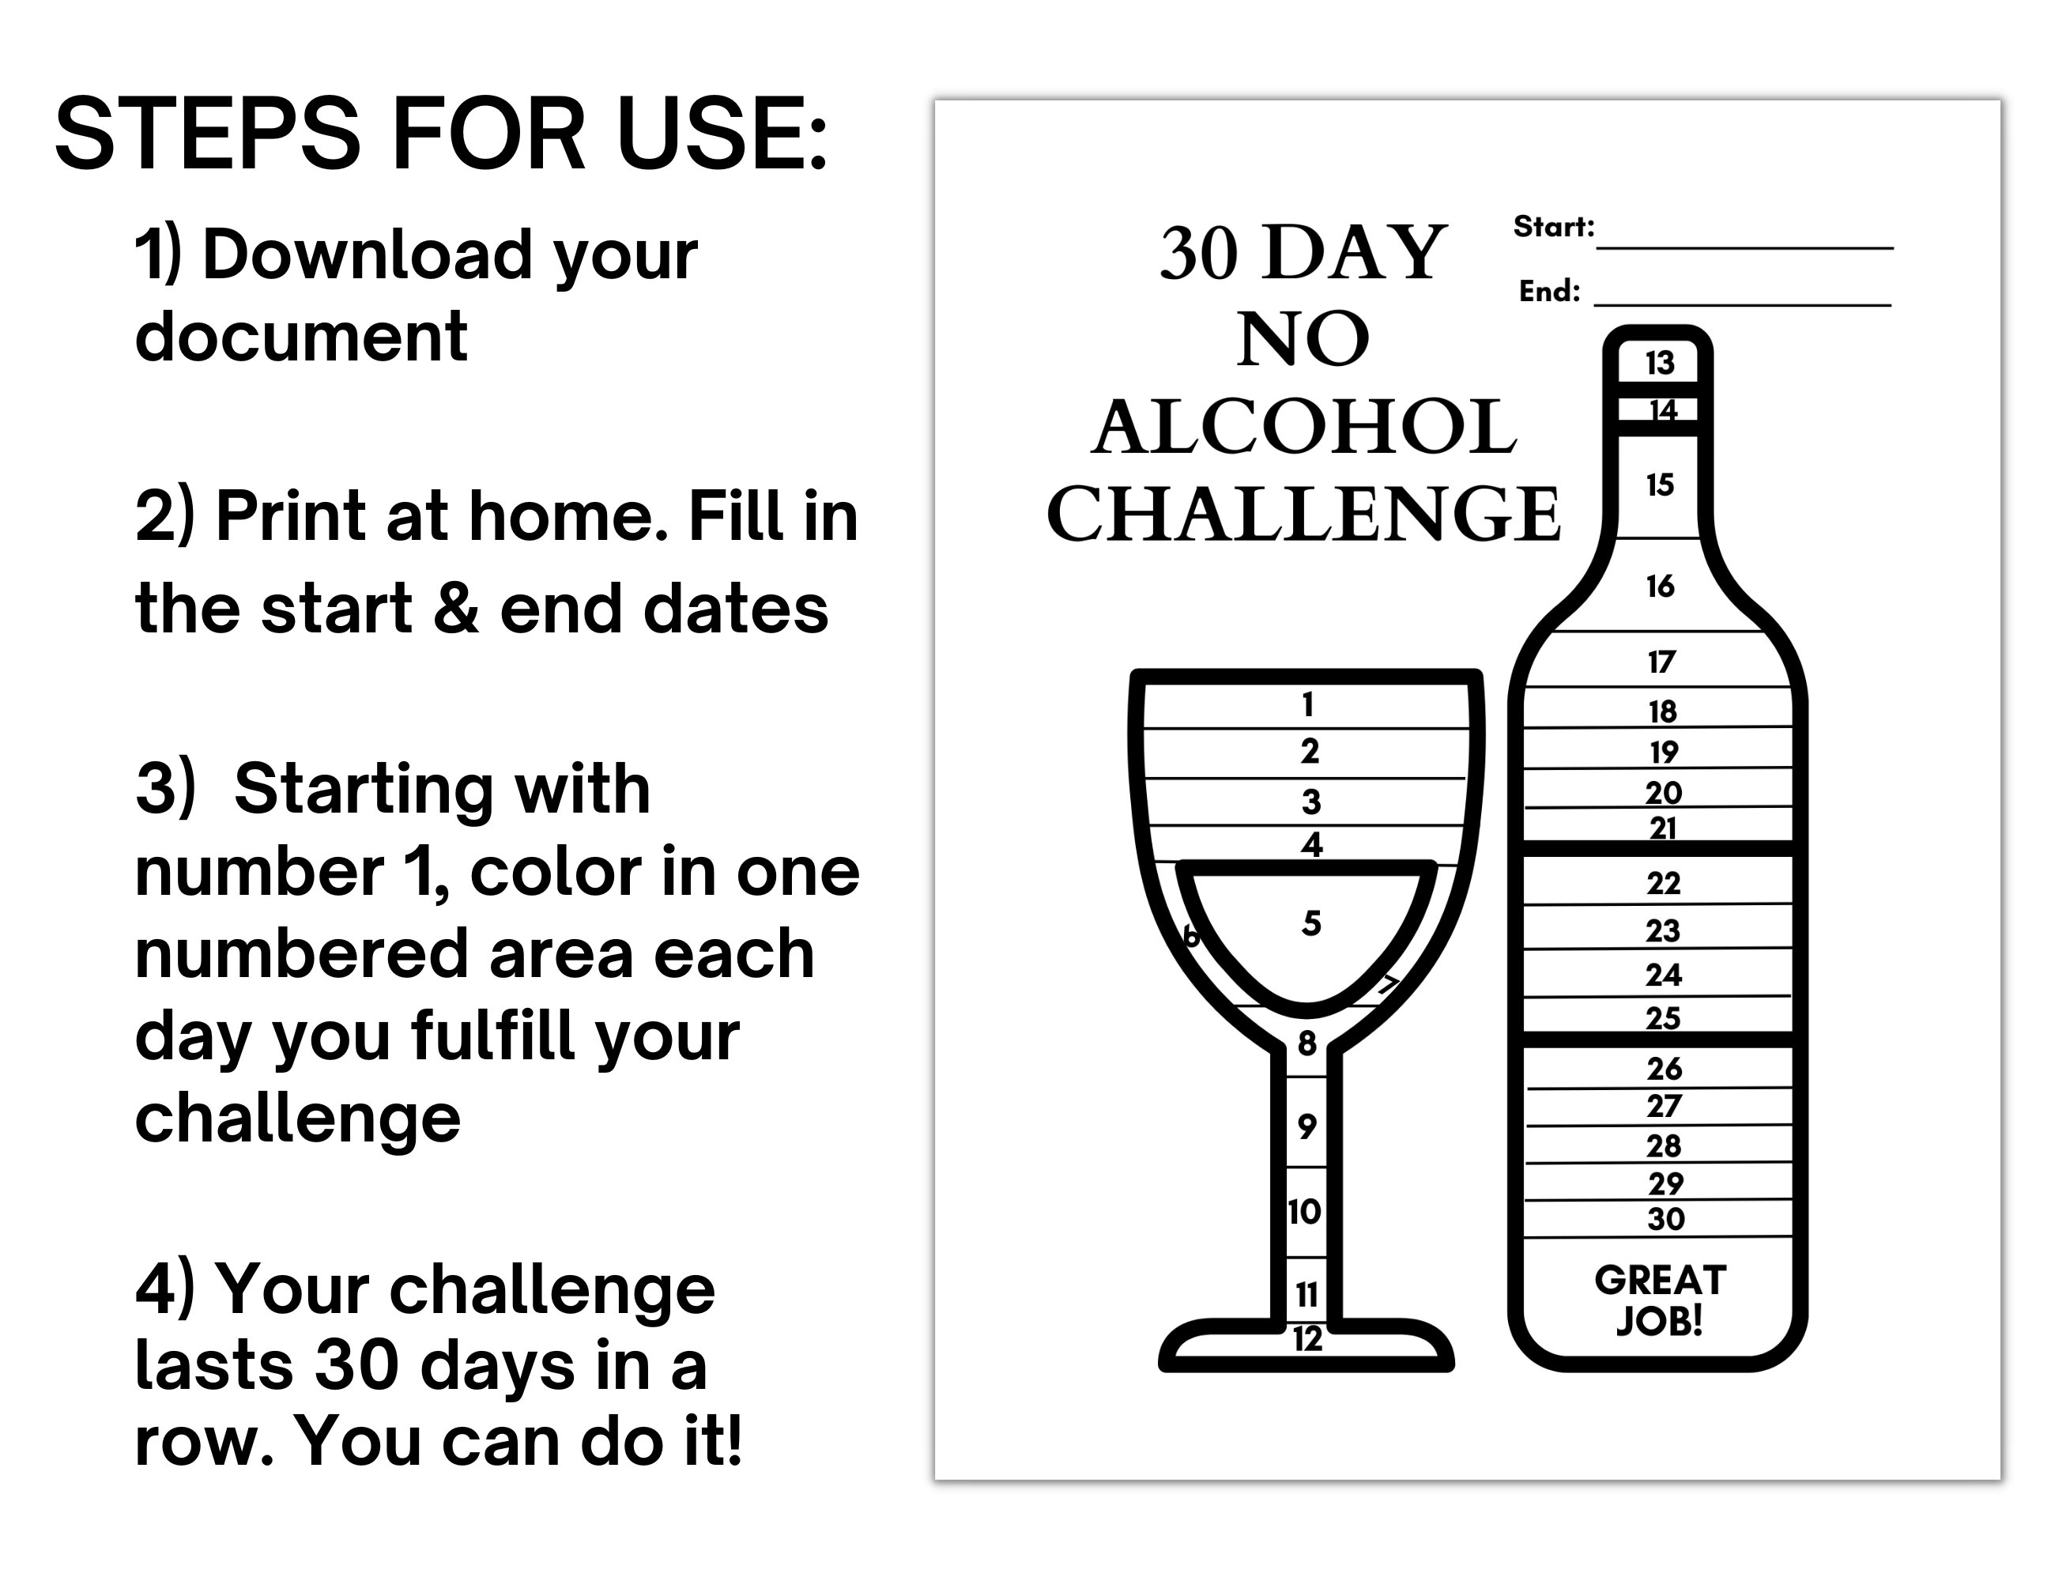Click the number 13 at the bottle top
1660,362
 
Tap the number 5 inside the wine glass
1310,923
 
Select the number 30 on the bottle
1665,1220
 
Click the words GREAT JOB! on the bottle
1660,1300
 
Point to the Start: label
1553,227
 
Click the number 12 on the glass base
1307,1339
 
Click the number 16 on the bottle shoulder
1660,587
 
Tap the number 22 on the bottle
1663,883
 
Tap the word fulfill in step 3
495,1036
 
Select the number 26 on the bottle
1664,1069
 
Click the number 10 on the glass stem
1304,1211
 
